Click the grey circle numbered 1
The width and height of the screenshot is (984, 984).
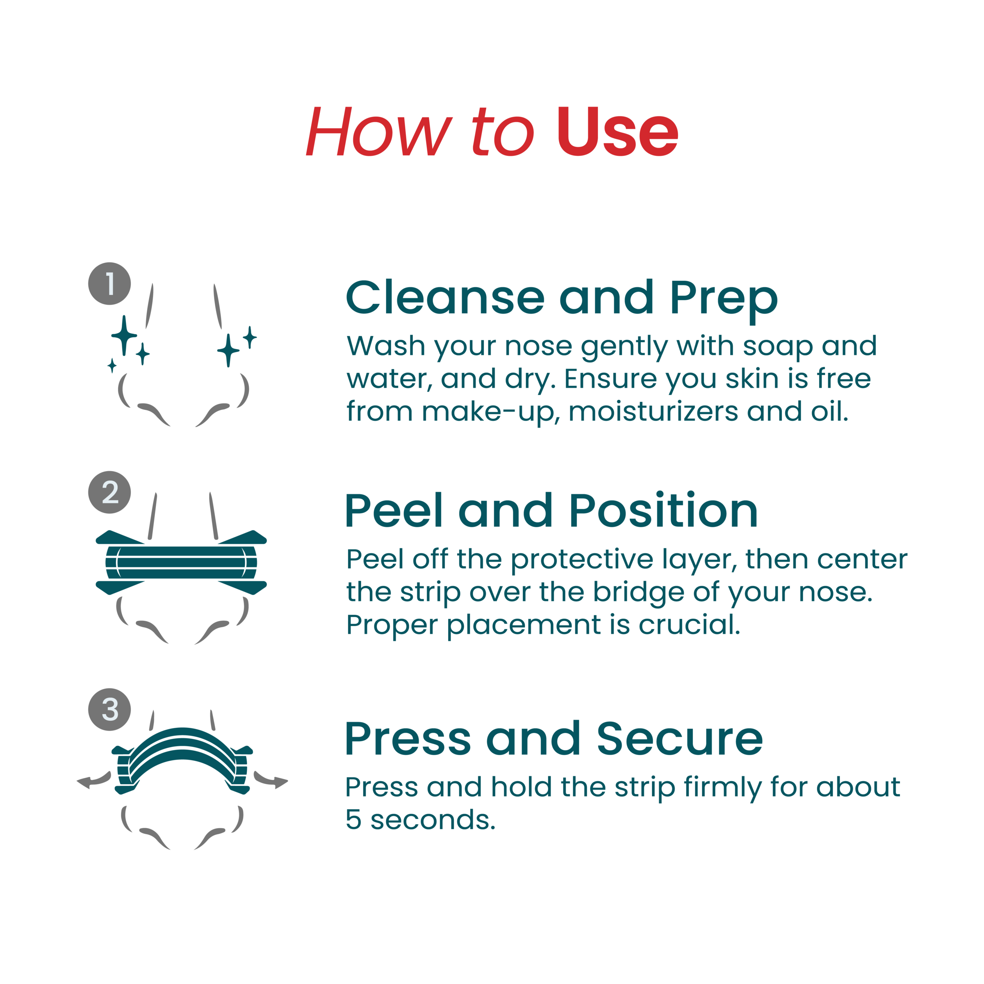(x=109, y=284)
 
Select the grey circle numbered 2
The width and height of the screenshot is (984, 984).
(x=109, y=492)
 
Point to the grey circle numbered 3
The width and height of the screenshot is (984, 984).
(x=109, y=709)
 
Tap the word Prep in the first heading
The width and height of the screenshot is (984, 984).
(x=724, y=301)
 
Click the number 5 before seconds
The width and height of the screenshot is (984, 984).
(x=353, y=820)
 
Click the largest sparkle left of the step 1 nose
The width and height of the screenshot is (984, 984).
(x=124, y=335)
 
